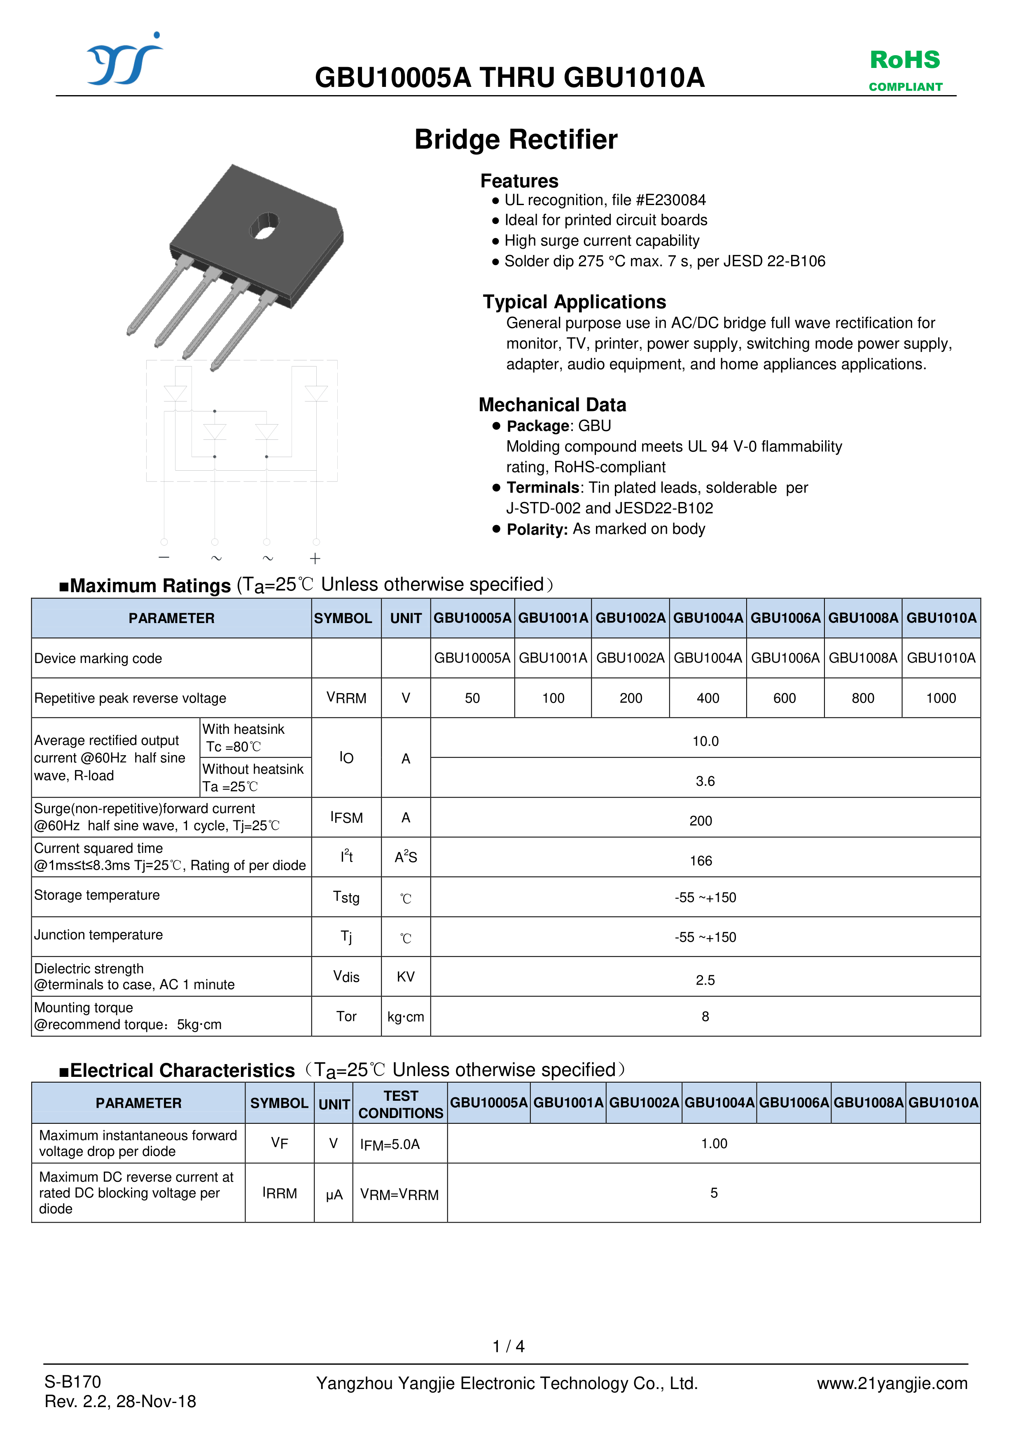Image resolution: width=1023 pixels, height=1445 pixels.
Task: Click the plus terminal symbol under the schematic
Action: click(x=315, y=558)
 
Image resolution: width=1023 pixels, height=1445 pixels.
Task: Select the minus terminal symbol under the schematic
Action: click(x=164, y=557)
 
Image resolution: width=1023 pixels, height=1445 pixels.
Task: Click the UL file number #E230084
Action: click(x=670, y=200)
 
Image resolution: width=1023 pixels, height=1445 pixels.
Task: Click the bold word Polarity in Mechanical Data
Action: click(x=537, y=529)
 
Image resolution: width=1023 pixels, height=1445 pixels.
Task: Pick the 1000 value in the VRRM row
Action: click(x=941, y=698)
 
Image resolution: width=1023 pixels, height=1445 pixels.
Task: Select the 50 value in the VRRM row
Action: click(x=472, y=698)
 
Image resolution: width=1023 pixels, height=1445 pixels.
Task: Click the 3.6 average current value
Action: click(x=705, y=781)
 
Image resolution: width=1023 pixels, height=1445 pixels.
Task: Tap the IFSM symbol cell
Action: click(x=346, y=817)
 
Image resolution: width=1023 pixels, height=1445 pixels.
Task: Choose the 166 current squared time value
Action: click(x=701, y=860)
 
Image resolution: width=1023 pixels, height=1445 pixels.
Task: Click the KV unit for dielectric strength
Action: click(x=405, y=977)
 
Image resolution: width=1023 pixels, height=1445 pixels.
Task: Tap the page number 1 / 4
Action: click(x=508, y=1346)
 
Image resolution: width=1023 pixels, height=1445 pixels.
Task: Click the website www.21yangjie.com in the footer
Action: click(x=892, y=1383)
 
